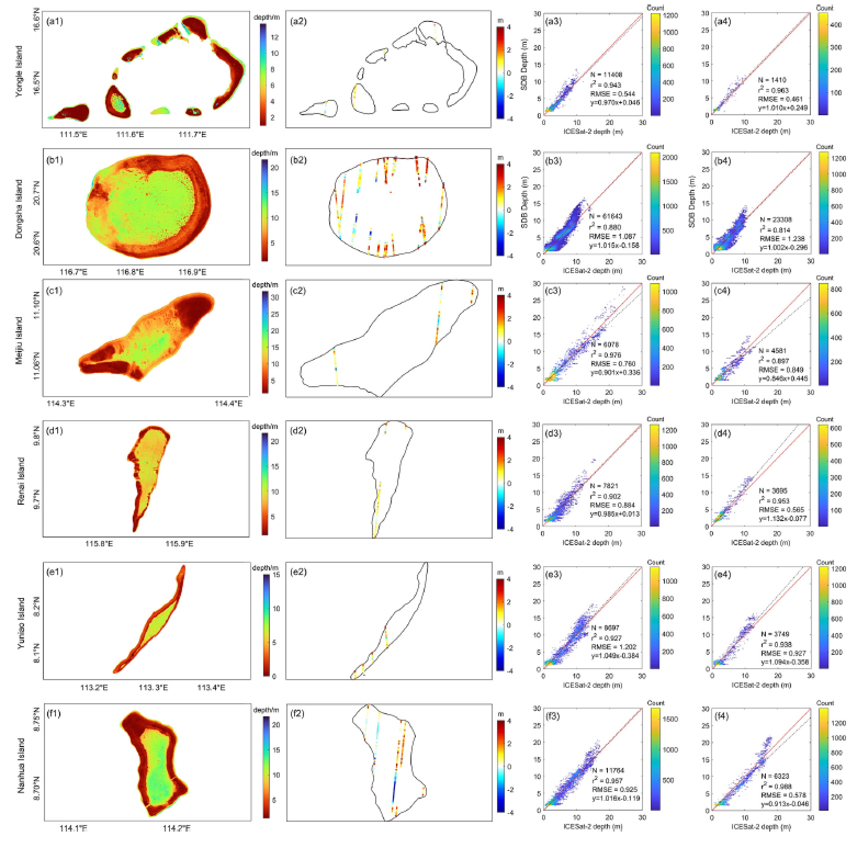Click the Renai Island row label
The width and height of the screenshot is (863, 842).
click(x=21, y=481)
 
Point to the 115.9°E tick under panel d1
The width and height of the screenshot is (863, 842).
click(x=181, y=544)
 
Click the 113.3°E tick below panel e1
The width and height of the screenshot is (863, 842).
click(x=153, y=687)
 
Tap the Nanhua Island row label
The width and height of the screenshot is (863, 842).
click(x=21, y=764)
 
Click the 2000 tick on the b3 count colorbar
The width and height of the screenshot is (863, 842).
click(x=670, y=157)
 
